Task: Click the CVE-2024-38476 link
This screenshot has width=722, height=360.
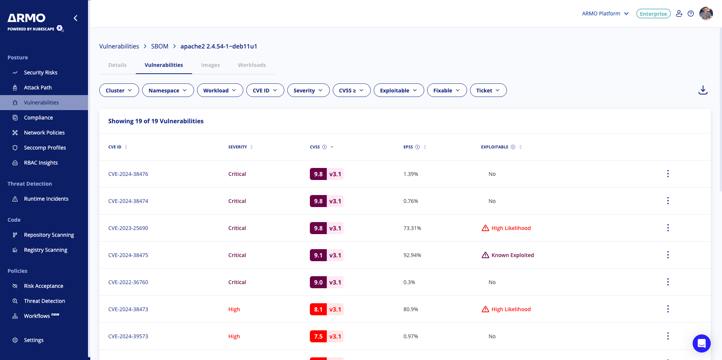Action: coord(128,174)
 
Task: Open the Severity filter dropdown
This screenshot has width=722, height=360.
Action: coord(308,91)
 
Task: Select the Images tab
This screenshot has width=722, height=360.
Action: coord(210,65)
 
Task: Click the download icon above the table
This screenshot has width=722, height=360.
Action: coord(703,90)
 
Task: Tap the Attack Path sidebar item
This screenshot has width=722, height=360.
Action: coord(38,88)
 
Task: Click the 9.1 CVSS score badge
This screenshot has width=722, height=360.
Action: coord(318,255)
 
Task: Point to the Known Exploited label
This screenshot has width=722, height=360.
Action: coord(512,255)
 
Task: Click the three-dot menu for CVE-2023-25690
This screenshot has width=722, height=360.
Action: coord(668,228)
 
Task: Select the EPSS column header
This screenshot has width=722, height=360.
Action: coord(408,147)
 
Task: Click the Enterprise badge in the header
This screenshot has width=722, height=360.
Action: coord(653,14)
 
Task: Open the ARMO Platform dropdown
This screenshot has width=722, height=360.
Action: coord(605,14)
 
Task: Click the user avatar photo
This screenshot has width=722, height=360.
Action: coord(706,14)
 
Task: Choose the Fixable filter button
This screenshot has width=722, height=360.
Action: coord(446,91)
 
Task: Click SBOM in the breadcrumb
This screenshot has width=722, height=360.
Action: coord(159,46)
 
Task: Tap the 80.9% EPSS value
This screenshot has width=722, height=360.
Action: coord(411,309)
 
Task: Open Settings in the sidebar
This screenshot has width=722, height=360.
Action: coord(33,340)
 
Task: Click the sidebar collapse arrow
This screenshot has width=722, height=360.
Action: coord(76,18)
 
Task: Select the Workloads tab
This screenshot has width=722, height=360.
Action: coord(252,65)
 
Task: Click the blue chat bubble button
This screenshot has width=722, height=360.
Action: coord(701,343)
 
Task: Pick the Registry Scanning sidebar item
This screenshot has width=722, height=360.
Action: coord(46,250)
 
